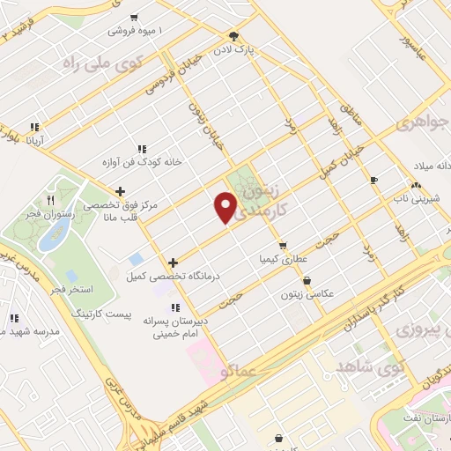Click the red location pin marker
pyautogui.click(x=226, y=207)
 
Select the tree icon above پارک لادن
pyautogui.click(x=233, y=36)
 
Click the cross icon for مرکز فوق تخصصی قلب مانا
pyautogui.click(x=120, y=191)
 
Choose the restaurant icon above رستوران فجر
pyautogui.click(x=50, y=178)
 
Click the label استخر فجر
pyautogui.click(x=73, y=289)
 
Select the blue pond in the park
pyautogui.click(x=58, y=231)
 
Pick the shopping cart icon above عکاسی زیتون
pyautogui.click(x=306, y=281)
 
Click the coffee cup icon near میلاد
pyautogui.click(x=373, y=180)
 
